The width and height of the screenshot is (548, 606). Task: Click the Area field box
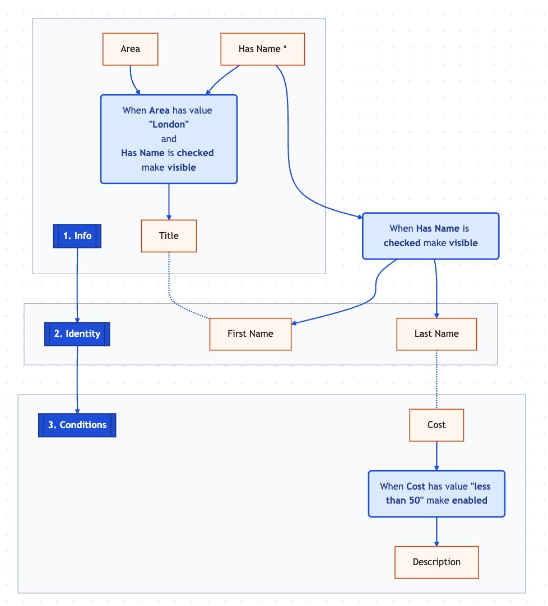130,49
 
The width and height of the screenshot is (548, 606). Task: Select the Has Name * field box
262,49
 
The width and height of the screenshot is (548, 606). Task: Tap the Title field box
169,236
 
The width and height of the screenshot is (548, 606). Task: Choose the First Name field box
250,334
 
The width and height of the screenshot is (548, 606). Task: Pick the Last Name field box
436,334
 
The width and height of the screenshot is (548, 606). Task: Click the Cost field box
436,425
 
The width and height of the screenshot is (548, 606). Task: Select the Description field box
436,562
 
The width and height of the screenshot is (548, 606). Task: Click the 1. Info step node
77,236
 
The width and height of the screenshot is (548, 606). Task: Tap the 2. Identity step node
77,334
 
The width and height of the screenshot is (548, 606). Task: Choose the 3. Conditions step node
77,425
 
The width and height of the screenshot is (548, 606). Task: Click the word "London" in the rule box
169,124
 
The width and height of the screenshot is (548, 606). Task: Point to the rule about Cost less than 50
436,494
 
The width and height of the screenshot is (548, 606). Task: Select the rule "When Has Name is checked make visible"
430,236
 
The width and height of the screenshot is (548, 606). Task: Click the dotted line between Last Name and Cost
436,379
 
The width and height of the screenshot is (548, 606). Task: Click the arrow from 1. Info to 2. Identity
77,285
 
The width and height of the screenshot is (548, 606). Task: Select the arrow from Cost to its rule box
436,456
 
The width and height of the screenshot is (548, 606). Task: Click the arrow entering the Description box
436,532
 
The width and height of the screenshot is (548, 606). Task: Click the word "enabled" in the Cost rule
470,500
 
